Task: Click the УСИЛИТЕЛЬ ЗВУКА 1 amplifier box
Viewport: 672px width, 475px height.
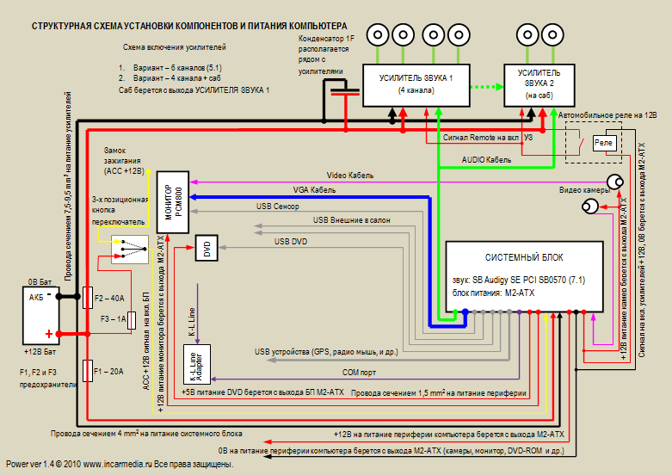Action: click(416, 85)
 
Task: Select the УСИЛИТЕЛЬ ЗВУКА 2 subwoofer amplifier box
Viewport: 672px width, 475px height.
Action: click(539, 85)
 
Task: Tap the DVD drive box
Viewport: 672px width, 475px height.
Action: click(207, 248)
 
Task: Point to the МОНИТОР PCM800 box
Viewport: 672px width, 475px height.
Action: click(173, 202)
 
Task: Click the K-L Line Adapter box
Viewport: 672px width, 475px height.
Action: click(197, 364)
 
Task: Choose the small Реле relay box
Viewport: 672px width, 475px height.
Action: click(603, 143)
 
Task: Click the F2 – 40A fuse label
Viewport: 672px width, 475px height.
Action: click(109, 298)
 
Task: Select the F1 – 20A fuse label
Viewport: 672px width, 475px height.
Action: click(109, 371)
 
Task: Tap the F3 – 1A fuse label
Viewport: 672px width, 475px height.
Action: click(113, 319)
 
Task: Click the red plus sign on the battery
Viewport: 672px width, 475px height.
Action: click(49, 334)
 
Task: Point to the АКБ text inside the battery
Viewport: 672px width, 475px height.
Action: click(36, 298)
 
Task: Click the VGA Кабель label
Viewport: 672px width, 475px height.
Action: click(314, 190)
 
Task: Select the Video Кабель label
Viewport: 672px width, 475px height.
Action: click(350, 176)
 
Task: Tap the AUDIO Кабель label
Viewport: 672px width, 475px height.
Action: click(486, 160)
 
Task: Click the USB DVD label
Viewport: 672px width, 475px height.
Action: click(291, 241)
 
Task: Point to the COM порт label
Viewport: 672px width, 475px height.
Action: click(359, 373)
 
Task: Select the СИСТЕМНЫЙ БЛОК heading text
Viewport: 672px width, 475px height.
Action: click(524, 257)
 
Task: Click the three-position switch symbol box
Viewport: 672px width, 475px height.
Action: click(130, 249)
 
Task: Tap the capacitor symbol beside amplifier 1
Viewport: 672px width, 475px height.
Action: click(345, 92)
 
